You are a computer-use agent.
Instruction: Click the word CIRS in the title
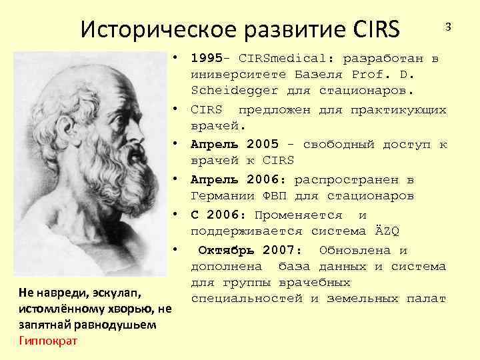(373, 29)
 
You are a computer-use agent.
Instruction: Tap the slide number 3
(449, 26)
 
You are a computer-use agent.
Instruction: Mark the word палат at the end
(426, 298)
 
